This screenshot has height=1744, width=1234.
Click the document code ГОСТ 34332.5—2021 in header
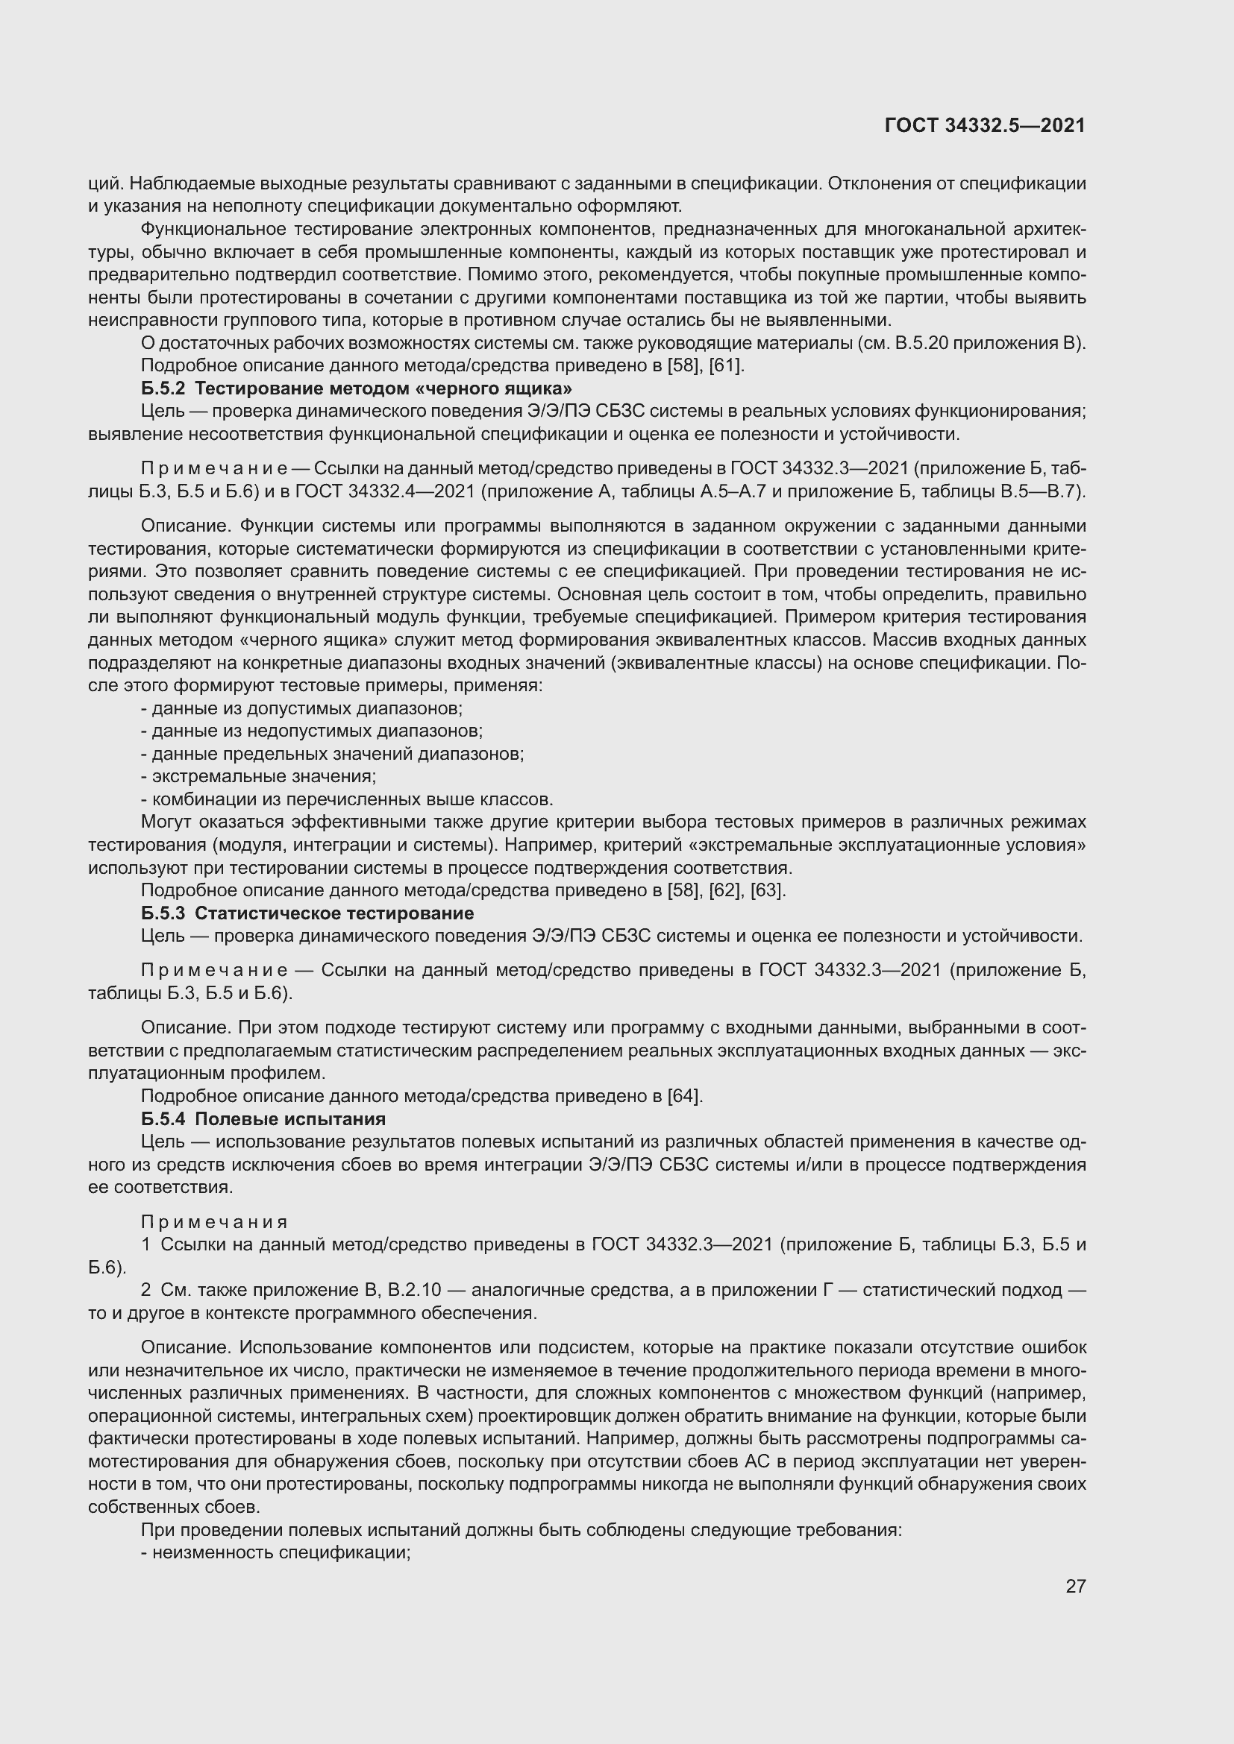985,125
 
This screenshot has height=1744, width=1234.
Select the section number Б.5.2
163,389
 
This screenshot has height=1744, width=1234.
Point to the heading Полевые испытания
289,1119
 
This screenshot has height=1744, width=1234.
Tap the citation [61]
727,366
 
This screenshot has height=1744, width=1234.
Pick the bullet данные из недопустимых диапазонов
312,731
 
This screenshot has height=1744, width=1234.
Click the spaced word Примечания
214,1221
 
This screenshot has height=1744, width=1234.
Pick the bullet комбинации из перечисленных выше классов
347,799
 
